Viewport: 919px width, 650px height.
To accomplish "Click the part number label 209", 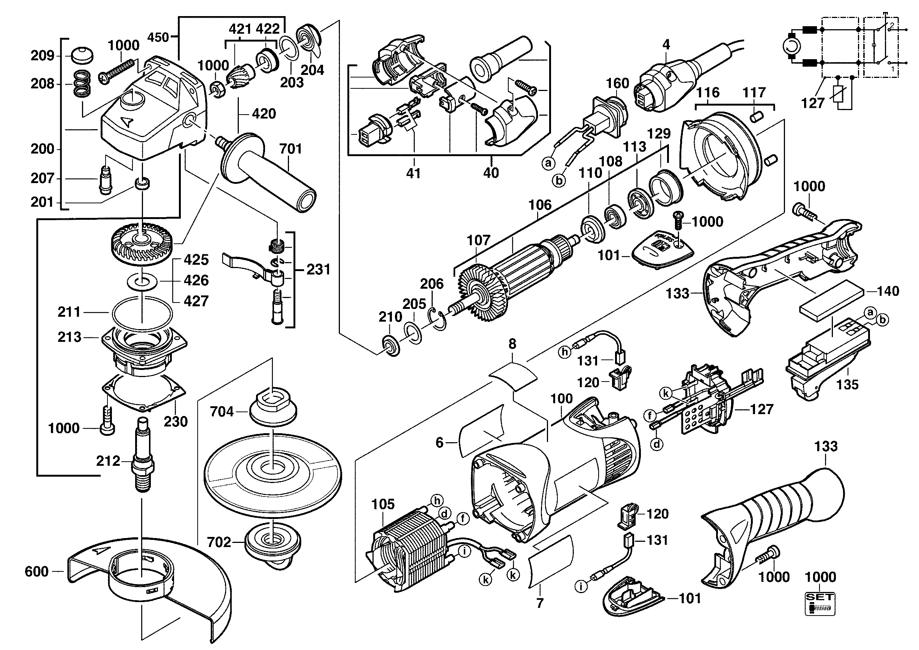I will [x=42, y=56].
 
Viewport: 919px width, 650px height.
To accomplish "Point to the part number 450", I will [x=158, y=37].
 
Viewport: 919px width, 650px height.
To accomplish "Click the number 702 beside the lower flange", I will [x=219, y=542].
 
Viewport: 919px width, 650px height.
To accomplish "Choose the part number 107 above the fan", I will [x=478, y=240].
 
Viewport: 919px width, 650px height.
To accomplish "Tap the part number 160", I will [x=617, y=83].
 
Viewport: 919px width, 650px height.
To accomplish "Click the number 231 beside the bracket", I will [x=319, y=269].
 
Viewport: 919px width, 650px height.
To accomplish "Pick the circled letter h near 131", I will [x=565, y=352].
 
